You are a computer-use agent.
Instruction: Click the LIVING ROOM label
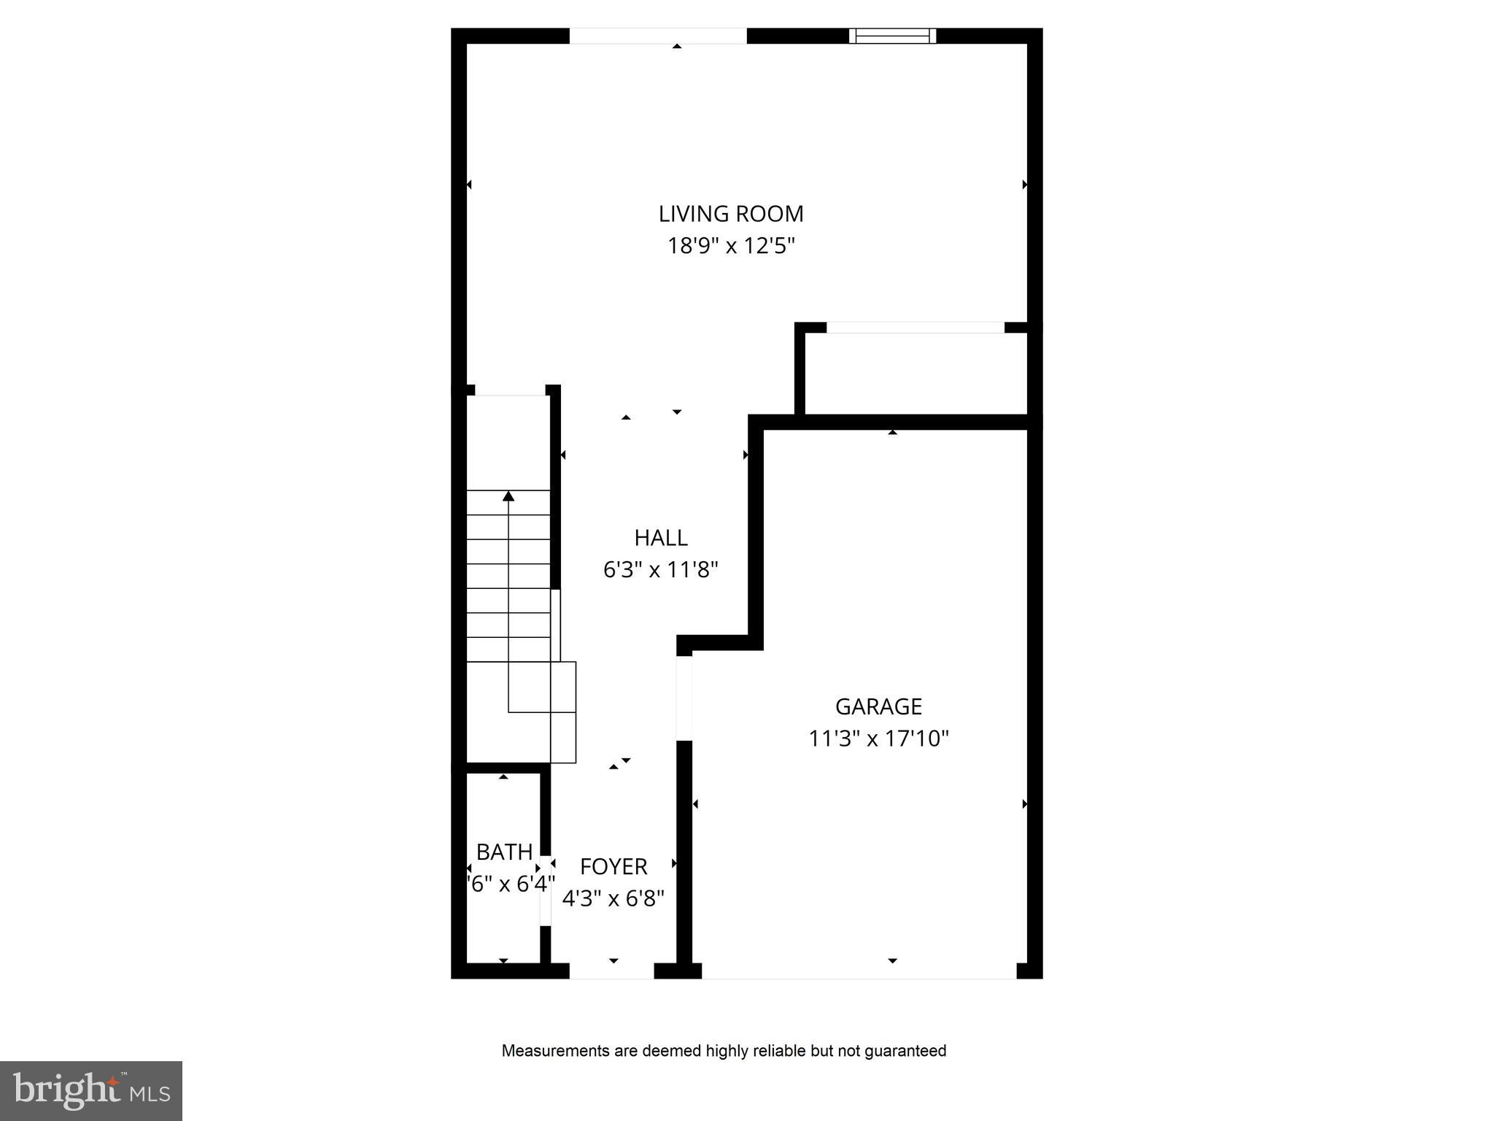tap(731, 214)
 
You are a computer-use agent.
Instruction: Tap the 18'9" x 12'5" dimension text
tap(731, 246)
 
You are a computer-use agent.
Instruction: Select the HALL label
tap(660, 538)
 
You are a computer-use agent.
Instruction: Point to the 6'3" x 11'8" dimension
tap(660, 569)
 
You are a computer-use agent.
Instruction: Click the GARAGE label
tap(878, 706)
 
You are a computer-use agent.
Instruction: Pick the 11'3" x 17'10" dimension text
tap(878, 739)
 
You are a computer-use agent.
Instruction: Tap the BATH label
tap(504, 852)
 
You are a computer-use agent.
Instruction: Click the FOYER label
tap(614, 866)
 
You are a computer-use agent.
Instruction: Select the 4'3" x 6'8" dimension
tap(614, 898)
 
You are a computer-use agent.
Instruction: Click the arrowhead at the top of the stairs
tap(508, 496)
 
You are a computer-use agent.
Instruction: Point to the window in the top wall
tap(892, 36)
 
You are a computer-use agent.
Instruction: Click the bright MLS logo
tap(91, 1090)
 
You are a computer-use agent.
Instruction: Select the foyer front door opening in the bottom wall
tap(611, 971)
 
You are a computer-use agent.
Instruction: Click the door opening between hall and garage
tap(684, 698)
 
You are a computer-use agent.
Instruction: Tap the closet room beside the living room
tap(916, 374)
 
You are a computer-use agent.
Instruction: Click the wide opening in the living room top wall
tap(658, 36)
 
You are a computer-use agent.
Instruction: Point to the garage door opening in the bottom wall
tap(859, 971)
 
